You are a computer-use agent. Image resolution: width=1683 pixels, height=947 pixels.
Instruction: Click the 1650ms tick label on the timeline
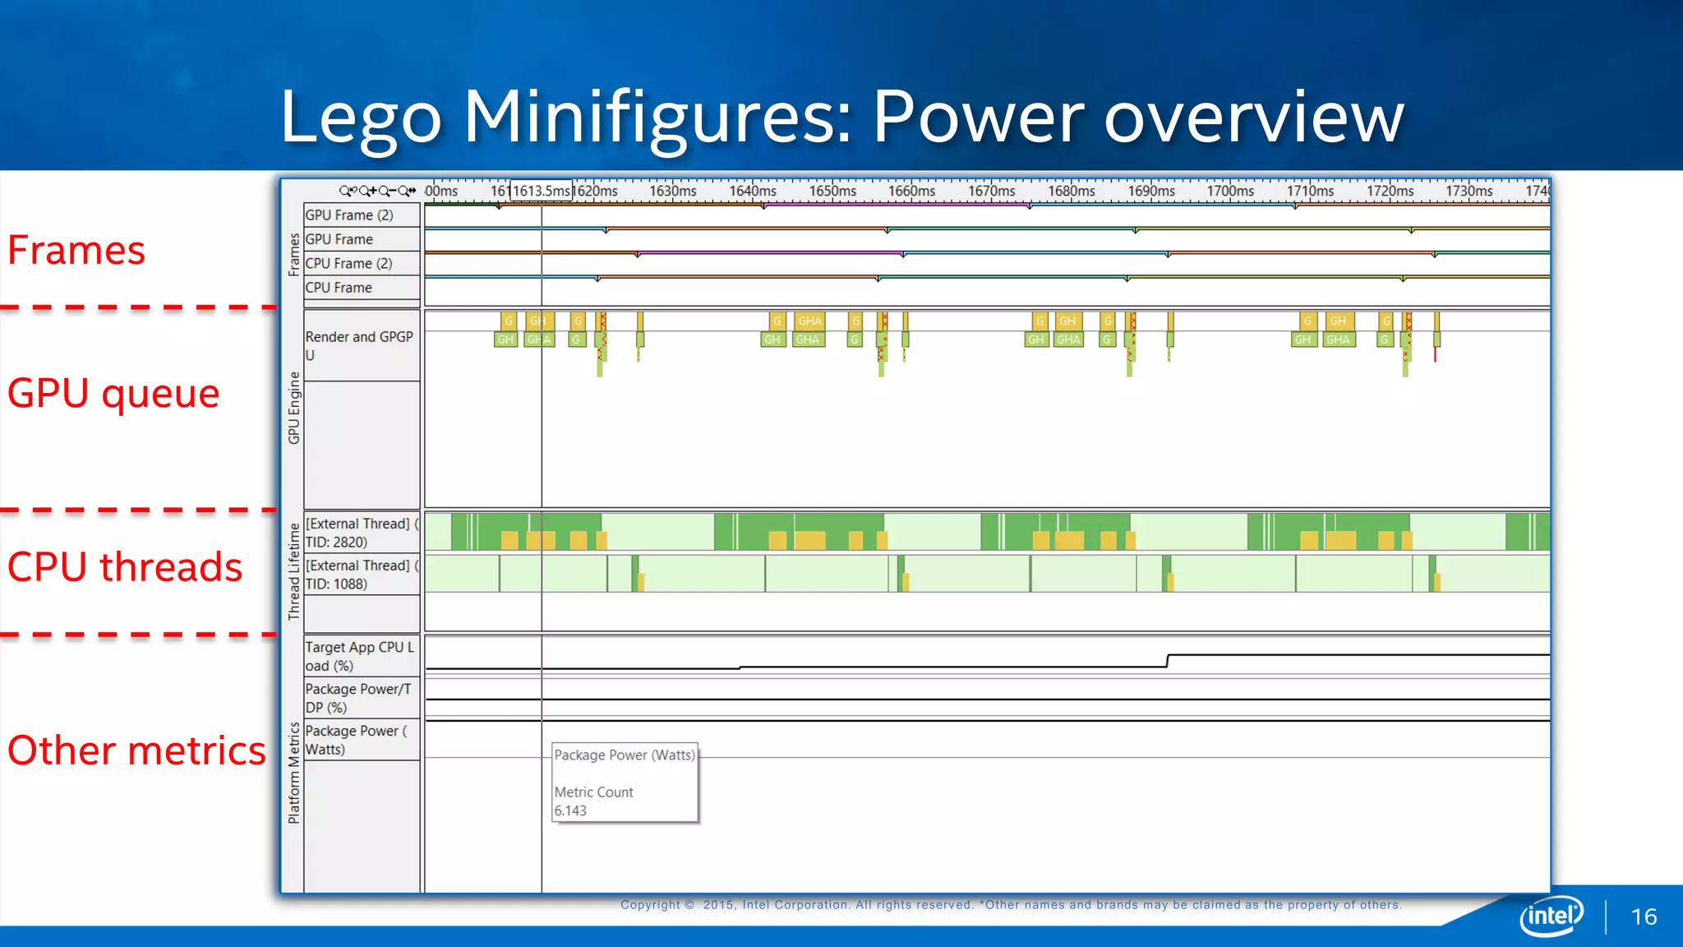coord(832,191)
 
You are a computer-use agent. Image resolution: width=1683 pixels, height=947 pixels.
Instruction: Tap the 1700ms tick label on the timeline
coord(1230,191)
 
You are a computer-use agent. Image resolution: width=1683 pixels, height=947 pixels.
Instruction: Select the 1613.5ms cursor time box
coord(541,191)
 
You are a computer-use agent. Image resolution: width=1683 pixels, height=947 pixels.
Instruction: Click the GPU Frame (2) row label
coord(349,215)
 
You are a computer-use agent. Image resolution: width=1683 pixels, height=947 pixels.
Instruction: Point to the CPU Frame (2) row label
coord(348,264)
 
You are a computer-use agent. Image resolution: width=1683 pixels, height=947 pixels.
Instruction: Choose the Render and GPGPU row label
coord(358,345)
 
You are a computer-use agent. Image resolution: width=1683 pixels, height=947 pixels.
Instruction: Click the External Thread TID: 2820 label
coord(360,533)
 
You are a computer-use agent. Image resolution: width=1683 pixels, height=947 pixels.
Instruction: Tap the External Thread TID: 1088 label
coord(360,575)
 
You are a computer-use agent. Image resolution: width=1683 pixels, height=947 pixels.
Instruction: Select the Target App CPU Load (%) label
coord(359,656)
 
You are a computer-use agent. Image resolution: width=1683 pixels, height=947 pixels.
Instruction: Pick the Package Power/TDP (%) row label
coord(357,698)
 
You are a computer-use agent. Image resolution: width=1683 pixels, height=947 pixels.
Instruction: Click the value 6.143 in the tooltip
coord(570,811)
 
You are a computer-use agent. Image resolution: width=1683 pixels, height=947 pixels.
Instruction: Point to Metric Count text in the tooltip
coord(593,792)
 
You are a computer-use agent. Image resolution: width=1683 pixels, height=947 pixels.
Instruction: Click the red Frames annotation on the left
coord(76,250)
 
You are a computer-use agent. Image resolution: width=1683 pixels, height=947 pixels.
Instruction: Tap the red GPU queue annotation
coord(113,393)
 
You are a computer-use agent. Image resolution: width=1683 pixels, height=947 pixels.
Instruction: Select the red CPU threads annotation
coord(125,567)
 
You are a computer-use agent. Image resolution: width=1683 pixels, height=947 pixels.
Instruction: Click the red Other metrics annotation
coord(136,751)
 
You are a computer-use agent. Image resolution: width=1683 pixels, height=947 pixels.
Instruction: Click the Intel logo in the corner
coord(1551,916)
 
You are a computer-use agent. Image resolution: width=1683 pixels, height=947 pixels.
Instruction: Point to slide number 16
coord(1644,917)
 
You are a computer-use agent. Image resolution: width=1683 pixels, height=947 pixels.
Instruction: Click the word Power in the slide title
coord(978,118)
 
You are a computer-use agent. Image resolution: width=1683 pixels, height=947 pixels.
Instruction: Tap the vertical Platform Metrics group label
coord(293,773)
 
